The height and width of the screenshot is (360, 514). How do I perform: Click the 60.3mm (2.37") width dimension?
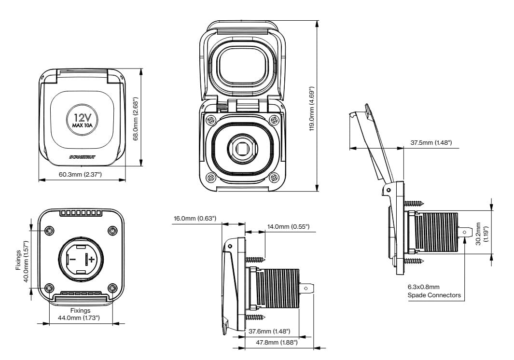(x=80, y=174)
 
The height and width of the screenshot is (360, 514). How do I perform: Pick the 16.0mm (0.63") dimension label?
(x=194, y=219)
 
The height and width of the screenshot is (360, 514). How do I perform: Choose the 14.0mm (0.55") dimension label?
(x=288, y=226)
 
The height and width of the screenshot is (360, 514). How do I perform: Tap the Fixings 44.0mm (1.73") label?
(x=81, y=314)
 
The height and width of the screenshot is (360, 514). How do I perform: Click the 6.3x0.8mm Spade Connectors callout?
(x=433, y=291)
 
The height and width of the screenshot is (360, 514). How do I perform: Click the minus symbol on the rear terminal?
(x=72, y=259)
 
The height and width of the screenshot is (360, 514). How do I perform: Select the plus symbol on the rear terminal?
(x=91, y=260)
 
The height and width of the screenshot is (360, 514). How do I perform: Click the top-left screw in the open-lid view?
(x=211, y=119)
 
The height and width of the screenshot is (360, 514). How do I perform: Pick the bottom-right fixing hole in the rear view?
(x=112, y=289)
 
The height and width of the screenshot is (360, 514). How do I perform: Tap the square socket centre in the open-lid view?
(x=242, y=149)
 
